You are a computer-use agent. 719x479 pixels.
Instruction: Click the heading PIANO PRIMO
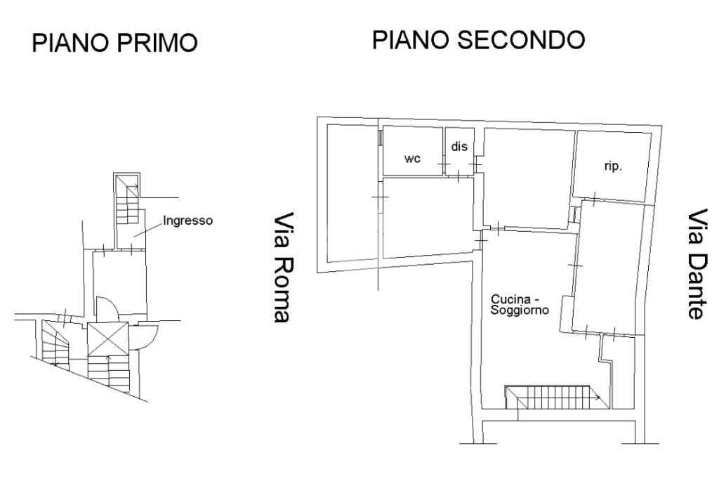tap(114, 43)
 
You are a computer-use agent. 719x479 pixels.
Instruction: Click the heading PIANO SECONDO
tap(478, 39)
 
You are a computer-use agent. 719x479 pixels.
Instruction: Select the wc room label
tap(412, 159)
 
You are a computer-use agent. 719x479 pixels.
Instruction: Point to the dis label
tap(459, 146)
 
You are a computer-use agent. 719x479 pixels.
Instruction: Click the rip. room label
tap(613, 166)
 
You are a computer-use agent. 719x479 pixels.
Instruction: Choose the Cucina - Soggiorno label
tap(520, 305)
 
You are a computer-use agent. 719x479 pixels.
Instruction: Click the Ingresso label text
tap(188, 221)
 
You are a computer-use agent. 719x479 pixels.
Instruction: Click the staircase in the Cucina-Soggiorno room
tap(557, 398)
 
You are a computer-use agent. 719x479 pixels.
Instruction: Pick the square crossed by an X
tap(107, 339)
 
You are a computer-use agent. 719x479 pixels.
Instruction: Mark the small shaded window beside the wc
tap(380, 138)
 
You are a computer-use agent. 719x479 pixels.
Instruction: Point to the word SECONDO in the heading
tap(521, 39)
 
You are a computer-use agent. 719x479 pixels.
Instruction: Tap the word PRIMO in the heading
tap(157, 43)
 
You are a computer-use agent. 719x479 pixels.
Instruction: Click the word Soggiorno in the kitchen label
tap(520, 310)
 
